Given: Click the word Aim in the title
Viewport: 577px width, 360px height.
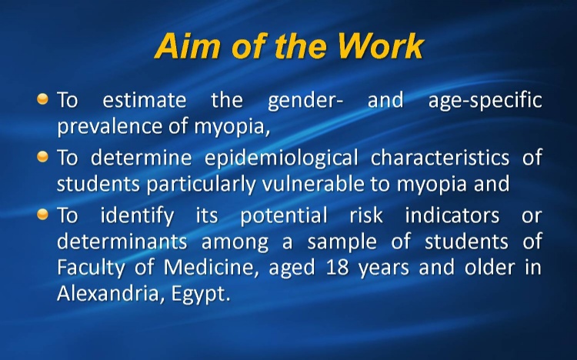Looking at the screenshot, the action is pos(188,46).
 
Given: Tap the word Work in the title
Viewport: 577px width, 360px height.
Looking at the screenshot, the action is pos(381,46).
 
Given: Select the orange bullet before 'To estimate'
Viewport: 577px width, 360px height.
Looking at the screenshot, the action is pos(42,98).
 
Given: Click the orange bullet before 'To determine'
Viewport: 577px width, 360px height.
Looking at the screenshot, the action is pos(42,156).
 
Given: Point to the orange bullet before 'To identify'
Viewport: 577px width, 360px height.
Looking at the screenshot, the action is pos(42,214).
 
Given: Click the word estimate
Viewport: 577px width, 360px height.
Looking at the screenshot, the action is pos(145,100).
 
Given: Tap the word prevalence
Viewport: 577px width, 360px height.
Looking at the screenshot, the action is pos(110,127).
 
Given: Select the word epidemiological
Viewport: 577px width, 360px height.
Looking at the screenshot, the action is pos(281,158).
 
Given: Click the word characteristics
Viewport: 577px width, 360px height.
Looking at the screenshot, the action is pos(440,158).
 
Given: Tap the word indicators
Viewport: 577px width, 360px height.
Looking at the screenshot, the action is pos(452,215).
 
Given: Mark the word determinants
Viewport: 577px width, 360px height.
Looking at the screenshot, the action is pos(122,242).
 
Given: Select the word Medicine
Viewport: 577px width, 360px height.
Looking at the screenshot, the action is pos(209,268).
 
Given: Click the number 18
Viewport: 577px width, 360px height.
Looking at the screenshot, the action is pos(338,268).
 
